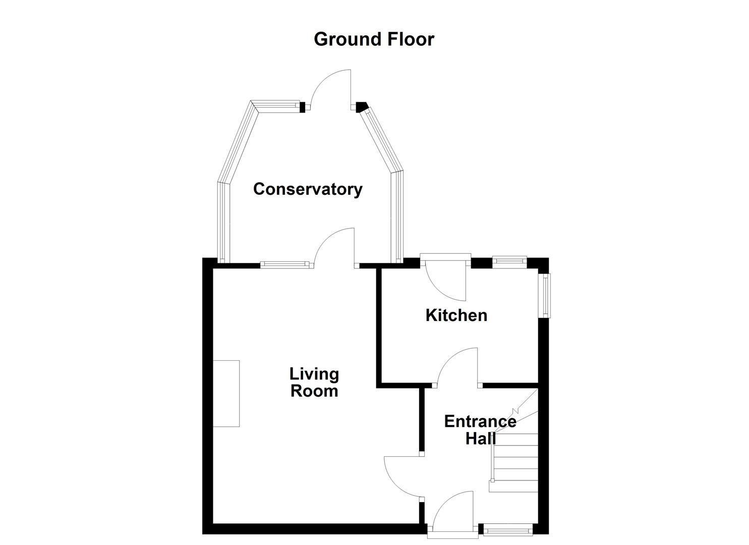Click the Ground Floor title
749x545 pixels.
tap(374, 39)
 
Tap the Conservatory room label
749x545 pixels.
tap(308, 189)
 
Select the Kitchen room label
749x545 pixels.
tap(456, 315)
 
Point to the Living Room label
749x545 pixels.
tap(314, 382)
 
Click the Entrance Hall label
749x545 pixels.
tap(480, 429)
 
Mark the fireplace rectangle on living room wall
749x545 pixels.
tap(226, 394)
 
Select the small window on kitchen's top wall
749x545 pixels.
tap(509, 261)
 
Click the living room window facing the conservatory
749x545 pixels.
tap(284, 264)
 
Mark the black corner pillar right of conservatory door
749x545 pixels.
tap(361, 107)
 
